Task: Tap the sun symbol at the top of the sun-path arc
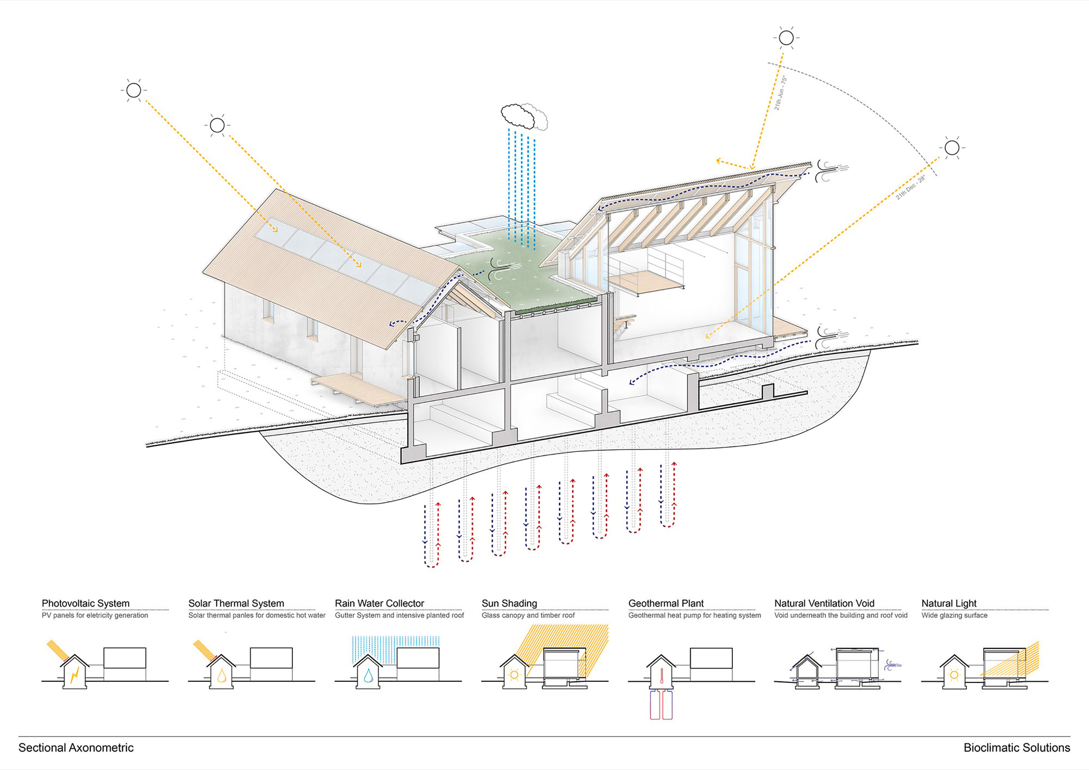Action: click(786, 38)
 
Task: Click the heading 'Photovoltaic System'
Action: click(85, 603)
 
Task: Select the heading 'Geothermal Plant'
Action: click(666, 603)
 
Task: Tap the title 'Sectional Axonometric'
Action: click(76, 748)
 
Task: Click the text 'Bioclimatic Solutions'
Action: click(1017, 748)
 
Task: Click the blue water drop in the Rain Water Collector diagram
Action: click(369, 676)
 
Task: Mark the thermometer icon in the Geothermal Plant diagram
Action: click(660, 676)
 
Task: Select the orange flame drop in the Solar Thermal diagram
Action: click(222, 676)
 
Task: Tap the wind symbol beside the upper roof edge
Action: click(830, 171)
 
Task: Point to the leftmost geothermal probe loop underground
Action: click(431, 536)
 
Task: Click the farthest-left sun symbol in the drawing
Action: click(133, 90)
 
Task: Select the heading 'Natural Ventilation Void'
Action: click(824, 603)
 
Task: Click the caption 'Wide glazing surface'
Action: click(954, 615)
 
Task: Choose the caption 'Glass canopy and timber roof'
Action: click(528, 615)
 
